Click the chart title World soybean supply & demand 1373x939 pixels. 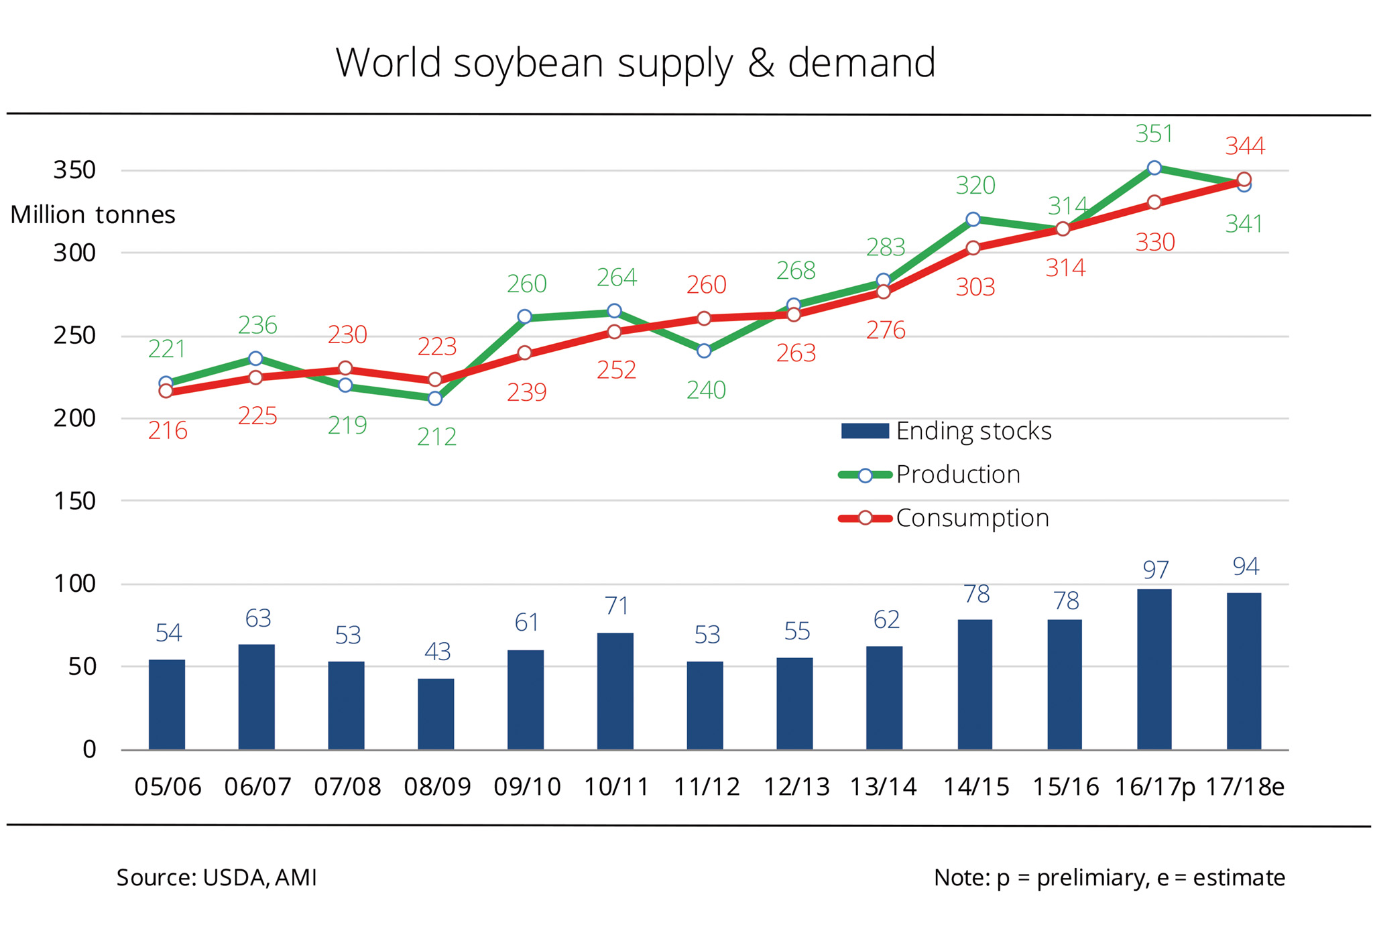pos(635,64)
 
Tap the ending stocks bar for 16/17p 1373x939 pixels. pos(1154,669)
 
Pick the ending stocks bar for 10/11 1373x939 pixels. pos(615,690)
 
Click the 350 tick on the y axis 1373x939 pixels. pos(75,170)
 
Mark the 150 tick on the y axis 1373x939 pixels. pos(75,501)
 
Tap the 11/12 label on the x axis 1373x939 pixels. pos(707,786)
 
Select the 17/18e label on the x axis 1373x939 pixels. pos(1245,786)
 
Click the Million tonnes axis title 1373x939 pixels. pos(93,214)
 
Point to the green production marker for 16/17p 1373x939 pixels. pos(1154,168)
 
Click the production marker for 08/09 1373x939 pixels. pos(434,398)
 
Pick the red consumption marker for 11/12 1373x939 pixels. pos(704,318)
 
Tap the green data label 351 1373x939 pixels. pos(1154,134)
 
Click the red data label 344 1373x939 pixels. pos(1245,146)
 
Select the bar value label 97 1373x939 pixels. pos(1156,570)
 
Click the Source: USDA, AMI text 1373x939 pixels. pos(217,877)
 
